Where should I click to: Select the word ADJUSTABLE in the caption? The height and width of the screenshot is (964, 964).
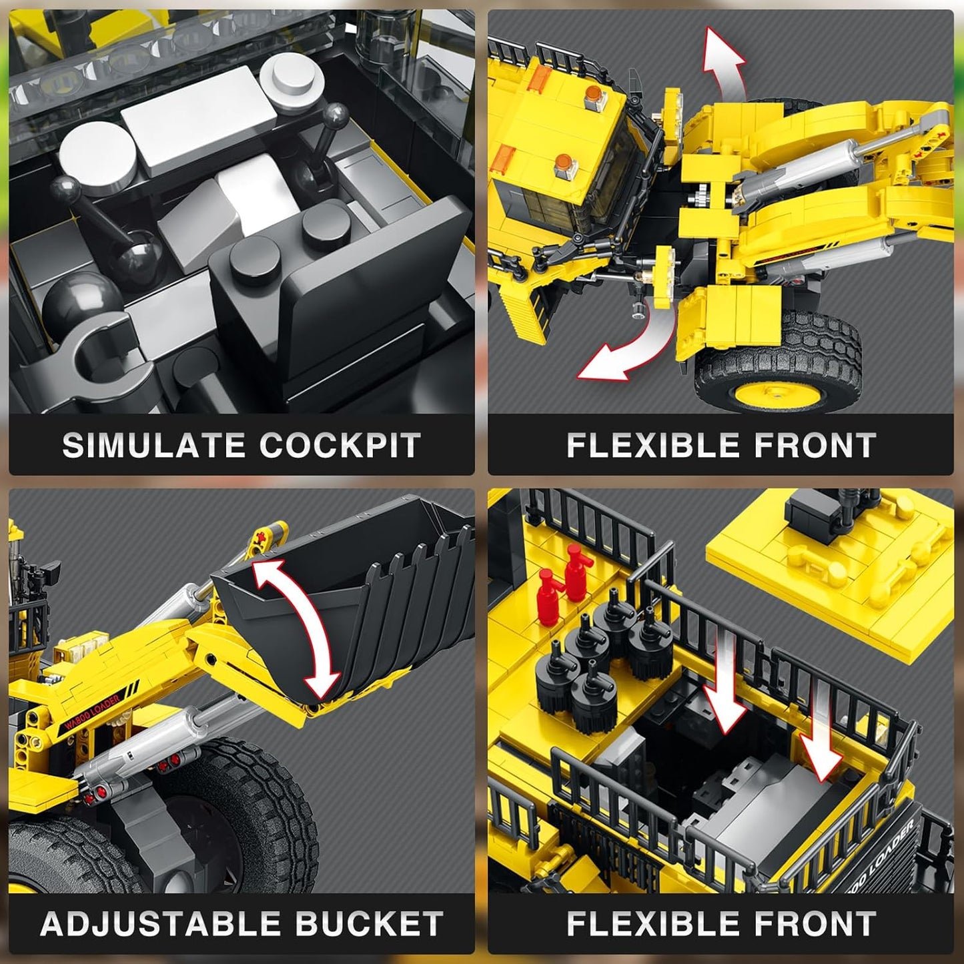pos(159,924)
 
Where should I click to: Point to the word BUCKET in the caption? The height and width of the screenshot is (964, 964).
pos(369,924)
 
